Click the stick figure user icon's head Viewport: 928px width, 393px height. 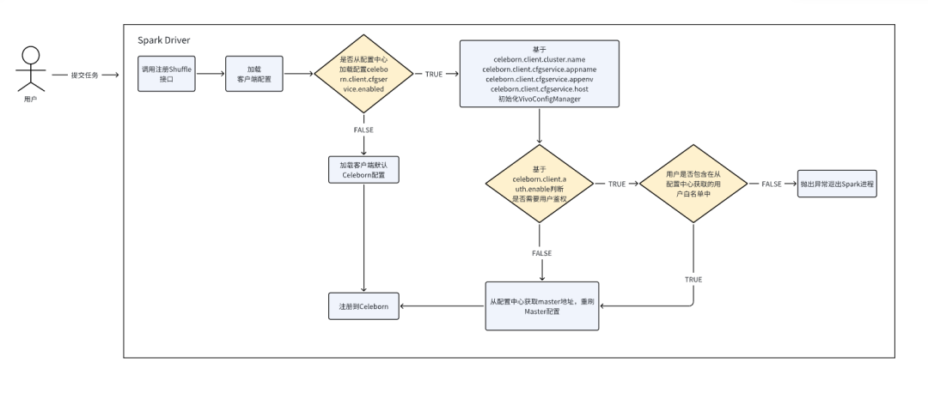[31, 55]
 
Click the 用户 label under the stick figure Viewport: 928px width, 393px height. [31, 100]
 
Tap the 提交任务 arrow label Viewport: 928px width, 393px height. [84, 75]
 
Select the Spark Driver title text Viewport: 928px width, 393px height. [164, 40]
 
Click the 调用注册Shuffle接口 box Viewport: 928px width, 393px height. [167, 74]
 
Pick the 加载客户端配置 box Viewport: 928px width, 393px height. [253, 74]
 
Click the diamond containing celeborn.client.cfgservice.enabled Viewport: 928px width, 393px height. [363, 74]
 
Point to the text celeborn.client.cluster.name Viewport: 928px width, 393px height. [539, 59]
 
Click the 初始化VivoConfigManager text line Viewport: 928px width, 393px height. [539, 99]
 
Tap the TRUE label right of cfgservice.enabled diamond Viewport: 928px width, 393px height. [434, 75]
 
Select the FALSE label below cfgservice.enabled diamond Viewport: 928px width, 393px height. [363, 130]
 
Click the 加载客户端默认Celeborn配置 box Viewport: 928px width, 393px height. [363, 170]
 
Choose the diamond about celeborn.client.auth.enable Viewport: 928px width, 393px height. [539, 184]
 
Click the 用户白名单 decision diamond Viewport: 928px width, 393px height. [693, 184]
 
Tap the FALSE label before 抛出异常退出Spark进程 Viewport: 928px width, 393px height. [771, 184]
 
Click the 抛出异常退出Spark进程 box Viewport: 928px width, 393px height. [837, 184]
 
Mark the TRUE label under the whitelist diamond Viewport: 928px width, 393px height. [693, 279]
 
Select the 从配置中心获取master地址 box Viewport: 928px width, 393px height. [542, 305]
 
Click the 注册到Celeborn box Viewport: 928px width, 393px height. [363, 306]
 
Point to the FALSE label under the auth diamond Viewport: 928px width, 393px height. [541, 253]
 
